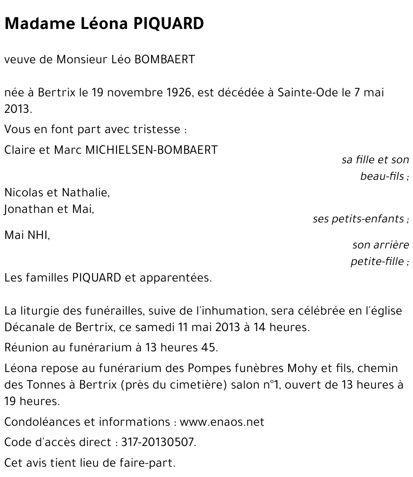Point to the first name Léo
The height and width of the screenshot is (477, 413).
(x=121, y=60)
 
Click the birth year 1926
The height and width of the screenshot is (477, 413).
(x=179, y=92)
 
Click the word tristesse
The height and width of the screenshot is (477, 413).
(x=157, y=129)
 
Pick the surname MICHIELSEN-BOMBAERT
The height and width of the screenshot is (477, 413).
(x=151, y=150)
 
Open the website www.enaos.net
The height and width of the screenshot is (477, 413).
(x=222, y=422)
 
